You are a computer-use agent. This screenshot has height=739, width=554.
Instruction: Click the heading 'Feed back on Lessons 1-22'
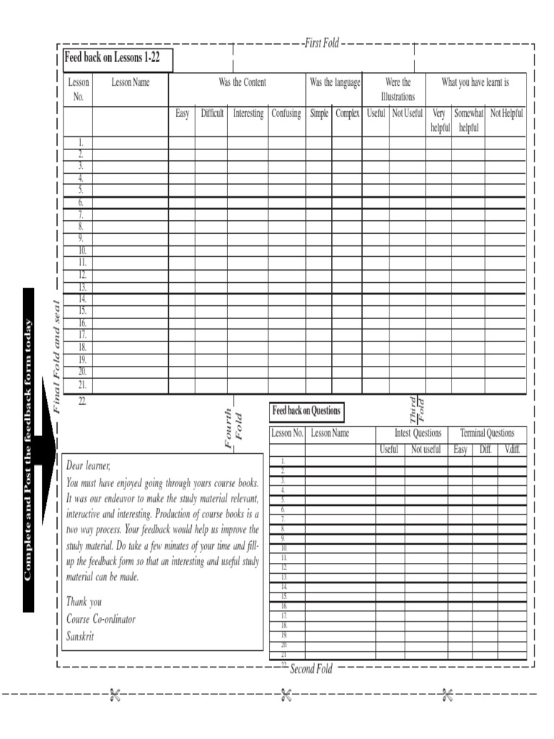pyautogui.click(x=113, y=58)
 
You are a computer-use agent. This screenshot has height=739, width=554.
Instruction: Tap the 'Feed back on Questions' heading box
pyautogui.click(x=306, y=411)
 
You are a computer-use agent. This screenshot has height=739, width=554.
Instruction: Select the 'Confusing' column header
pyautogui.click(x=286, y=113)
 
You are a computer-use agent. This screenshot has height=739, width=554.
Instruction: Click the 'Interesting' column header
pyautogui.click(x=248, y=113)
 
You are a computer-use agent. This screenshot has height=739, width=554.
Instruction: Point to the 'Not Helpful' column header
pyautogui.click(x=506, y=113)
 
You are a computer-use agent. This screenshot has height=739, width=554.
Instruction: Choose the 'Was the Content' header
pyautogui.click(x=242, y=82)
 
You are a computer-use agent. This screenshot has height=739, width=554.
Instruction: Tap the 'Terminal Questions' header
pyautogui.click(x=487, y=433)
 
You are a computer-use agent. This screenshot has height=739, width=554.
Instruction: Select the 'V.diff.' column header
pyautogui.click(x=512, y=450)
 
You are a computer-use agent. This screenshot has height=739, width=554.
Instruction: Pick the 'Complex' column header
pyautogui.click(x=347, y=113)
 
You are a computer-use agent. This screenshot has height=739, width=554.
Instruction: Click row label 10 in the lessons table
pyautogui.click(x=82, y=250)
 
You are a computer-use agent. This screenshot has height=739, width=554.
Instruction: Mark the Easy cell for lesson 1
pyautogui.click(x=182, y=142)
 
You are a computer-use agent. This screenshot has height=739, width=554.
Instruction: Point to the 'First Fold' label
pyautogui.click(x=322, y=43)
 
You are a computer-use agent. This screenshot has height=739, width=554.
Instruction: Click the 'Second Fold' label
pyautogui.click(x=311, y=669)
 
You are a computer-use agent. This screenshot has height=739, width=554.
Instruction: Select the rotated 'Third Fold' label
pyautogui.click(x=417, y=411)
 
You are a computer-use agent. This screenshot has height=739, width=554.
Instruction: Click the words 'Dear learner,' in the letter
pyautogui.click(x=89, y=465)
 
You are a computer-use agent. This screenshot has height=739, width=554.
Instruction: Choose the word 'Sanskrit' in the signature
pyautogui.click(x=80, y=636)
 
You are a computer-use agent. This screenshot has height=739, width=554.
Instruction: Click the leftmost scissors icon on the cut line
pyautogui.click(x=114, y=695)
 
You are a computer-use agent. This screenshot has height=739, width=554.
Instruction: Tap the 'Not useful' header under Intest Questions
pyautogui.click(x=426, y=450)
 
